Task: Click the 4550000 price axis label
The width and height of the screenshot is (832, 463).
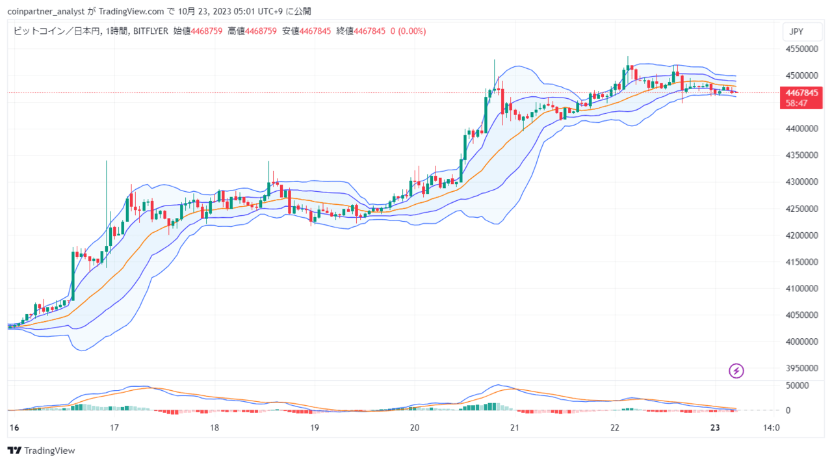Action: (801, 49)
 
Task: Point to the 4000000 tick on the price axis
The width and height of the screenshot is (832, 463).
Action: (801, 341)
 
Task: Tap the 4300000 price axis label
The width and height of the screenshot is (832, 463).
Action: (801, 181)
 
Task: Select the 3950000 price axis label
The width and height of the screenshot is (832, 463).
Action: (801, 368)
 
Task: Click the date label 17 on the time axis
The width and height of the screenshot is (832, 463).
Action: (114, 428)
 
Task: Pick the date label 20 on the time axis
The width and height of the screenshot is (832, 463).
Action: (415, 428)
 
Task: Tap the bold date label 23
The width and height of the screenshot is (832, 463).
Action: (715, 428)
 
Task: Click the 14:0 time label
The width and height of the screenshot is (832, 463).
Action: (771, 428)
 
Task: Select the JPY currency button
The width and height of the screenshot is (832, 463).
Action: (802, 32)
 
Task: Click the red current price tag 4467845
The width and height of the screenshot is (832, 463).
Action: (801, 93)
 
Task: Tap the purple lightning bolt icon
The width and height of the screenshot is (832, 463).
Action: (736, 371)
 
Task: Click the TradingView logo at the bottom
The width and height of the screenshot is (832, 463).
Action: (41, 451)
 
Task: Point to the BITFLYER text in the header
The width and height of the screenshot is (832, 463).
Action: (150, 31)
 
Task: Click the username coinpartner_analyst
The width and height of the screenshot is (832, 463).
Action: (45, 12)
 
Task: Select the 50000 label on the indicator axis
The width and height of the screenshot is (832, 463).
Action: (798, 386)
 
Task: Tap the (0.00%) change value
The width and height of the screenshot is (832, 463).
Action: (412, 31)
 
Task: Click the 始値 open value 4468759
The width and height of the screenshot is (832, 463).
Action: (207, 31)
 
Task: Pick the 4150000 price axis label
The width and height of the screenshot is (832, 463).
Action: (801, 261)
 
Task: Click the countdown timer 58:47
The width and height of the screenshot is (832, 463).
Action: (797, 103)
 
